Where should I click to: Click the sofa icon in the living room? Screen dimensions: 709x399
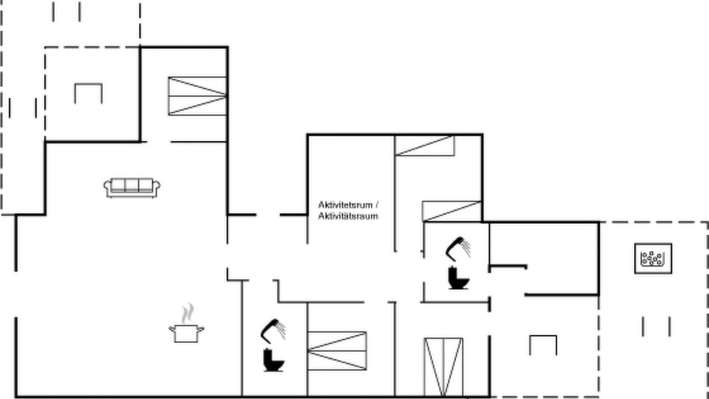(132, 188)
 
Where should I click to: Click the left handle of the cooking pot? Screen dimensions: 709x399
(172, 329)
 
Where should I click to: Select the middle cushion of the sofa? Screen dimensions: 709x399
(132, 185)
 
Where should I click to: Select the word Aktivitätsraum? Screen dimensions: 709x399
(348, 216)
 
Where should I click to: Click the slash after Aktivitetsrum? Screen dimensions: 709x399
(377, 205)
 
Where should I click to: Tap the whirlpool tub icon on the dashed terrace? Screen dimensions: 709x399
(653, 258)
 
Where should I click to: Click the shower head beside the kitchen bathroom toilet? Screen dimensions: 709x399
(273, 331)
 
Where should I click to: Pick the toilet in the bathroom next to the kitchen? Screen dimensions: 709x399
(274, 360)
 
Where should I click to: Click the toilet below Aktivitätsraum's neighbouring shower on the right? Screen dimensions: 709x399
(459, 278)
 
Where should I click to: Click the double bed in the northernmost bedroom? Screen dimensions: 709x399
(198, 96)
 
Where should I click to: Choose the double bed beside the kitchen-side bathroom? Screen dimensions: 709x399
(337, 351)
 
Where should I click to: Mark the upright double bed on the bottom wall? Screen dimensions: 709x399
(444, 367)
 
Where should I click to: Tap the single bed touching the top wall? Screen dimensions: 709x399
(425, 146)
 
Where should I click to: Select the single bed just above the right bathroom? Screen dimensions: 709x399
(452, 211)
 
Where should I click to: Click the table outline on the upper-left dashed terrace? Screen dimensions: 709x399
(88, 84)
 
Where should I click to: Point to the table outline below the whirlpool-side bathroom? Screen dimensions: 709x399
(543, 336)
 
